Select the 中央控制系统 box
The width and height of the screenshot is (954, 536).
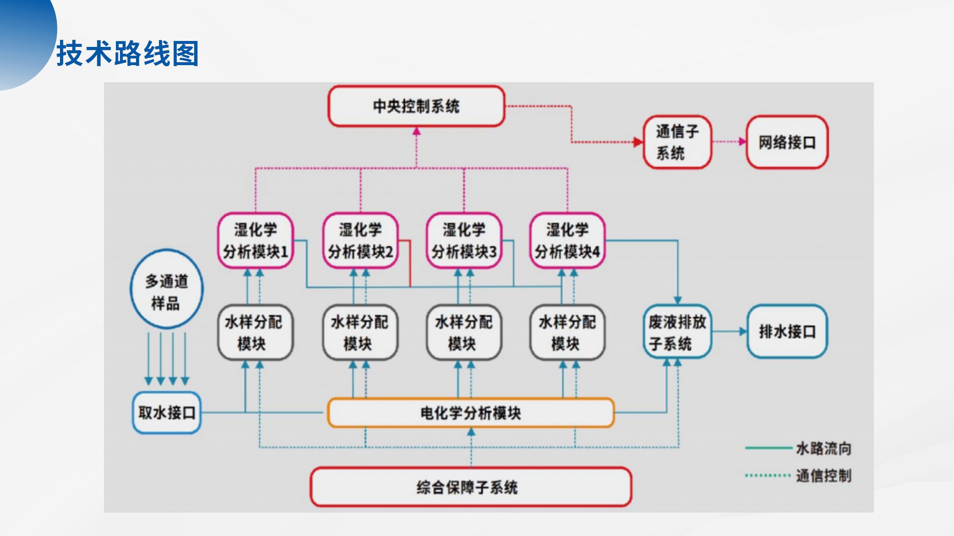[416, 106]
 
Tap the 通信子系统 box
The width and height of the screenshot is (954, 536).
[677, 142]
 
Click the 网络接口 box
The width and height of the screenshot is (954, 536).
[787, 142]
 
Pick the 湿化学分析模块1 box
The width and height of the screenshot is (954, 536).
[256, 240]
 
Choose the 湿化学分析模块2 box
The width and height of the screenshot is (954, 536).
[360, 240]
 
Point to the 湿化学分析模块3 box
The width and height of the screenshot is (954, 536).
[464, 240]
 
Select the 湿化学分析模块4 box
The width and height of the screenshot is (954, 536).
[567, 240]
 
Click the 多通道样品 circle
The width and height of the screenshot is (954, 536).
[167, 289]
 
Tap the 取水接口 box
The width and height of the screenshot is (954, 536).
[167, 412]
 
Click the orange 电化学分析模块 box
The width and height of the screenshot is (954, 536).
[470, 413]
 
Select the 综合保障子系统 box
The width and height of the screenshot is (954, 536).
[471, 487]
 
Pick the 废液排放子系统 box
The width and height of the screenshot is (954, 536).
[677, 332]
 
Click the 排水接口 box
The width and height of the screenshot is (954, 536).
[787, 331]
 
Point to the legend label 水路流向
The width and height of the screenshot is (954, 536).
[824, 449]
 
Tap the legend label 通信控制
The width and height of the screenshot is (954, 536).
[824, 476]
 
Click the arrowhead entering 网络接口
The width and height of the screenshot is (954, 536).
[742, 142]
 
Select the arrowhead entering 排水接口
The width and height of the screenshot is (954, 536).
[743, 331]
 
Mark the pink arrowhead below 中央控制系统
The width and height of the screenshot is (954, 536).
[417, 131]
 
